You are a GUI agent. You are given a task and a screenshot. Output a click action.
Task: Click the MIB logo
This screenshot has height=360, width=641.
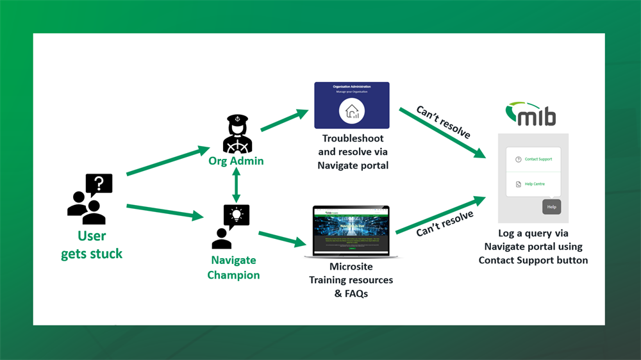click(x=531, y=114)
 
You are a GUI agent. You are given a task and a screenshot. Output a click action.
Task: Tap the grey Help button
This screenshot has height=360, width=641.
click(x=551, y=207)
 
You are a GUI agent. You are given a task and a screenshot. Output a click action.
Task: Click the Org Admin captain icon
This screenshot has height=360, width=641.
click(x=237, y=134)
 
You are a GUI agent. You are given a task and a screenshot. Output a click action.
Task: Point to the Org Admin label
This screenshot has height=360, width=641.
click(x=236, y=161)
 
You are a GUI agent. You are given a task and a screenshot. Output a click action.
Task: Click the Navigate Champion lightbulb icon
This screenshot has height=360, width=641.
click(x=236, y=217)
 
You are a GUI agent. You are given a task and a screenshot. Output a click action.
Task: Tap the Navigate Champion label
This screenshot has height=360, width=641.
click(x=233, y=268)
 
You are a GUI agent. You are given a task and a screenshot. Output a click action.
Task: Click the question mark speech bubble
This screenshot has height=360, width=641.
click(x=99, y=185)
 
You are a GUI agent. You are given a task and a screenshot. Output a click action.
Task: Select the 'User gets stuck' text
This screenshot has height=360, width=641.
click(x=92, y=245)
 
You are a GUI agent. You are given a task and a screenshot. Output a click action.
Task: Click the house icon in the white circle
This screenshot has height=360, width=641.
click(x=352, y=111)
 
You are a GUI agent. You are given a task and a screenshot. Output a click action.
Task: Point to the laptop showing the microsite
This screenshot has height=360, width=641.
click(x=351, y=231)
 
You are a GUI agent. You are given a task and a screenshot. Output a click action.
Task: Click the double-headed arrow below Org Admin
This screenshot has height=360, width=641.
click(x=236, y=184)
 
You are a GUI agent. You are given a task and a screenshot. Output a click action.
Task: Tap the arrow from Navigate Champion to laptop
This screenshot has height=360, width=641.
click(x=282, y=238)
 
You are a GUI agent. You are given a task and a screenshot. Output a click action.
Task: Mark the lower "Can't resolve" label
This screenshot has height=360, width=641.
click(x=445, y=224)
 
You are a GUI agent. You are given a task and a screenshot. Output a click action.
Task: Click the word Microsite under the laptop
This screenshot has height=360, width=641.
click(x=351, y=266)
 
